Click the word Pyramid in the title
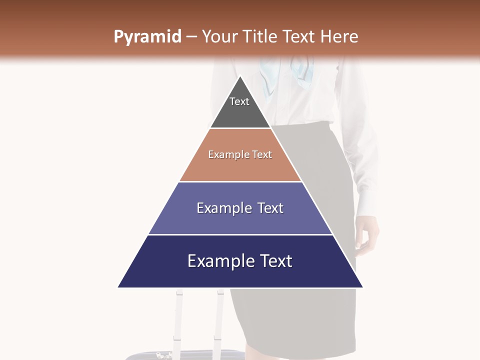[x=147, y=37]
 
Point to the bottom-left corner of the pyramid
[x=118, y=287]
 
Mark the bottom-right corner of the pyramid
[x=363, y=287]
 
